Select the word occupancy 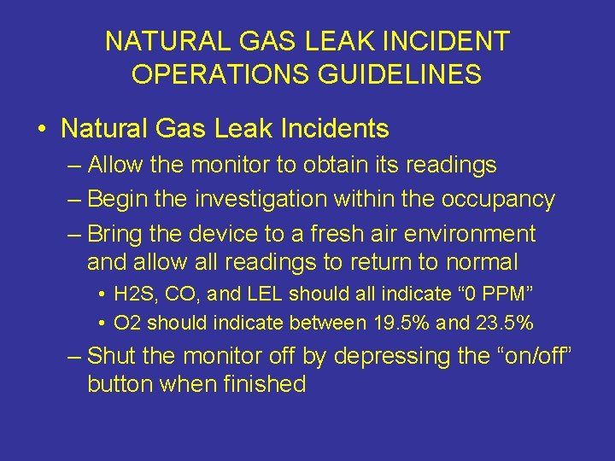pos(498,199)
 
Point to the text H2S pos(132,295)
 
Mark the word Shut pos(111,355)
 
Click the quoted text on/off pos(527,355)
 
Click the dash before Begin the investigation pos(74,199)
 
